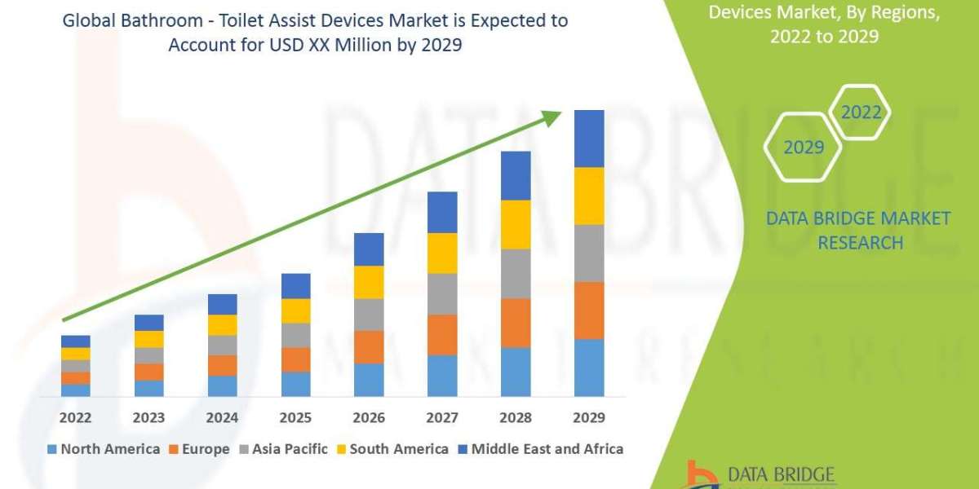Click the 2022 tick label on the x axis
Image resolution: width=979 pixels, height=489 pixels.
(75, 417)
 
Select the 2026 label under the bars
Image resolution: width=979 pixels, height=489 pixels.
(369, 417)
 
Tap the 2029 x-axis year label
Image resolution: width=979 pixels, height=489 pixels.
(589, 417)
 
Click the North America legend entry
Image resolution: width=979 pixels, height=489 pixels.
(104, 449)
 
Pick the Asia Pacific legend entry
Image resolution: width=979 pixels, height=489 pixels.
(283, 449)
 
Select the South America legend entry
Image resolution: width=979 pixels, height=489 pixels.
(392, 449)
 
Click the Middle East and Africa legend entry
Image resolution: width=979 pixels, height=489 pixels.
(539, 449)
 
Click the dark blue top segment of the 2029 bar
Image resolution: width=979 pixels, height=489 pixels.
(589, 139)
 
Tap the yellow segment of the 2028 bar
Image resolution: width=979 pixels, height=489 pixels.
(516, 224)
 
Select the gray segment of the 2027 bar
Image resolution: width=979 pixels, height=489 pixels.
(442, 294)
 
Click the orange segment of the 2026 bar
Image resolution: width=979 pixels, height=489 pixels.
(369, 347)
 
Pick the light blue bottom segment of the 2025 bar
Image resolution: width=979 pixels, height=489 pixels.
(295, 384)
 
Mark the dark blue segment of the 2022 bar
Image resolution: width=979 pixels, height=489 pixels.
(75, 341)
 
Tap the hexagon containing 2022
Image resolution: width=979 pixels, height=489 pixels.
(861, 112)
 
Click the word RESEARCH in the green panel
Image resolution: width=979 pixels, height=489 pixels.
(860, 243)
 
